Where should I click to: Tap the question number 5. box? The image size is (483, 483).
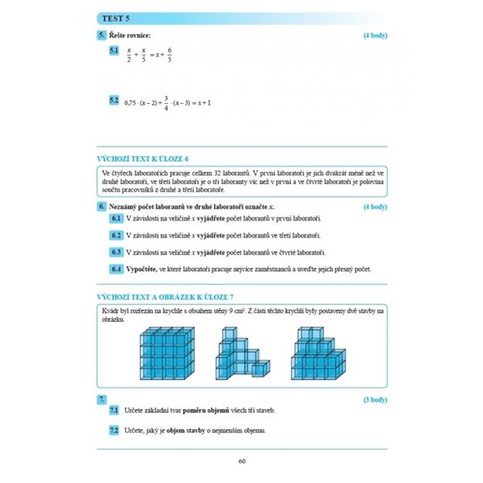tap(101, 35)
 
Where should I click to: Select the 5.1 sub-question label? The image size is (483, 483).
tap(114, 52)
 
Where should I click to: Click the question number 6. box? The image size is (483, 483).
tap(101, 207)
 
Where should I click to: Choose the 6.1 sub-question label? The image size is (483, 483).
tap(116, 218)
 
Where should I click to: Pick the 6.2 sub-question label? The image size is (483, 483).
tap(116, 235)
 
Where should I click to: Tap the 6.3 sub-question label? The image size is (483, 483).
tap(116, 252)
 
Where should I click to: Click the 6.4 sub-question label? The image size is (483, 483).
tap(116, 269)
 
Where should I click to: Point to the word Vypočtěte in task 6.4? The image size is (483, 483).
tap(142, 269)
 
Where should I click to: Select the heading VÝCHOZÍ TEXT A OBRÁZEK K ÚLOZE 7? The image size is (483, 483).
tap(164, 298)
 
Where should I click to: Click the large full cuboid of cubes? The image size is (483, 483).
tap(168, 351)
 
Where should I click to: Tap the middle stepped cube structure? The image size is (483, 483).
tap(239, 356)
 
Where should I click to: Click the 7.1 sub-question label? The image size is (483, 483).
tap(116, 411)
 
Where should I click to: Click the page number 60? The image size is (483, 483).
tap(242, 460)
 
